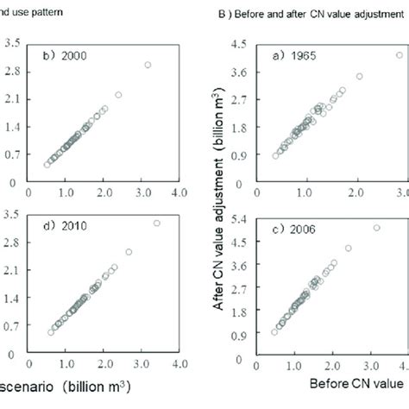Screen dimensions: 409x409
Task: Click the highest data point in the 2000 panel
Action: [x=148, y=65]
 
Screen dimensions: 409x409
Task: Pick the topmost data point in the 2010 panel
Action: [x=156, y=223]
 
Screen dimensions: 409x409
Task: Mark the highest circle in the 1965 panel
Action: [x=399, y=54]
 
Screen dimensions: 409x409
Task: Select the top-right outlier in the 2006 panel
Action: [x=376, y=228]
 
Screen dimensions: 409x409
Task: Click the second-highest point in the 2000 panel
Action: [x=118, y=94]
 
